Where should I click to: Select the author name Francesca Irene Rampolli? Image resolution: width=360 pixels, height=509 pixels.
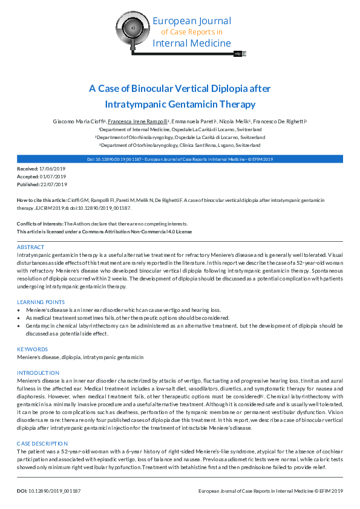[x=137, y=122]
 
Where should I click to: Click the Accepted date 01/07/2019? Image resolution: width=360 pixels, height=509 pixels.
[x=53, y=177]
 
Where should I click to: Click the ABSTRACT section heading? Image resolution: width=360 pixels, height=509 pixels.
[x=30, y=248]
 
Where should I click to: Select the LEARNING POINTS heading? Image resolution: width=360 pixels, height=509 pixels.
[x=41, y=302]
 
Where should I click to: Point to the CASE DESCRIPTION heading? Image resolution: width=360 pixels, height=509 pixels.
[x=41, y=443]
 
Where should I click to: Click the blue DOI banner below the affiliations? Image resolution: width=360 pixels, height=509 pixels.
[x=180, y=158]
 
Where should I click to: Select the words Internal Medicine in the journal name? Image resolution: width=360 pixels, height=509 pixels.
[x=191, y=43]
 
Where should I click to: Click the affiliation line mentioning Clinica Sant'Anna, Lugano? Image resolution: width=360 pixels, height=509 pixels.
[x=180, y=146]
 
